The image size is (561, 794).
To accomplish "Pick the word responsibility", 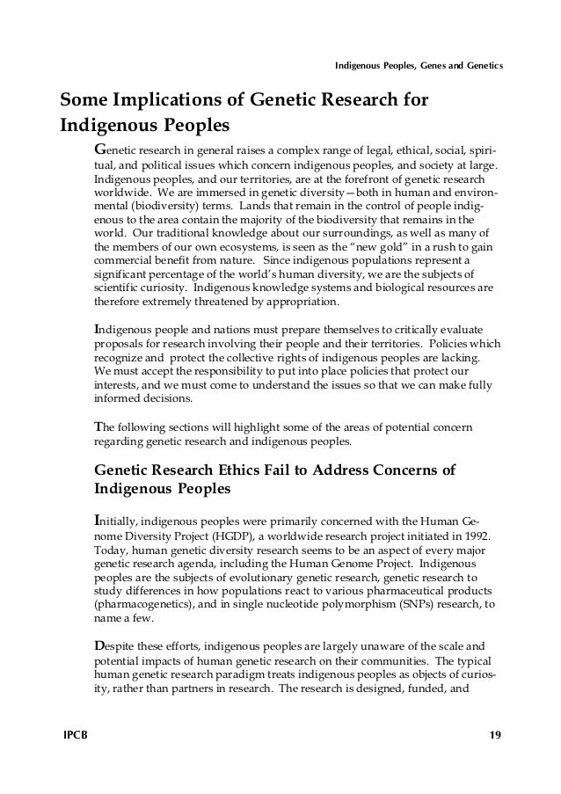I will click(x=224, y=370).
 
